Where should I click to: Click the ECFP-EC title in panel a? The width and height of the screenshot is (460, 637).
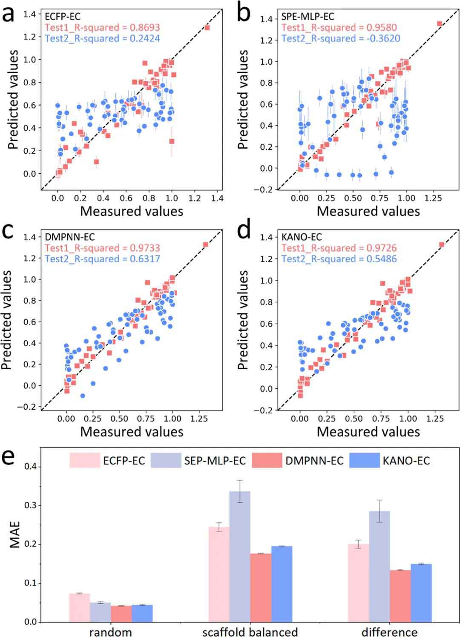tap(63, 17)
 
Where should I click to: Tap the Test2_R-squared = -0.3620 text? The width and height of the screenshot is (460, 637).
tap(341, 38)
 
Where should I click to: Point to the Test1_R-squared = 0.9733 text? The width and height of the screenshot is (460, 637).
tap(102, 248)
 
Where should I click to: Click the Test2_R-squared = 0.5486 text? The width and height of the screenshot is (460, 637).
tap(339, 259)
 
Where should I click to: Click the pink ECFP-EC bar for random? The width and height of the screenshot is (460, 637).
tap(80, 607)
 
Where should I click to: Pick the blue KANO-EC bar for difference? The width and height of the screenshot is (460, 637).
tap(421, 593)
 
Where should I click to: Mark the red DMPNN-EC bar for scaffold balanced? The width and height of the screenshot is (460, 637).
tap(261, 588)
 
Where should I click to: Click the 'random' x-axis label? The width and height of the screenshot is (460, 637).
tap(110, 631)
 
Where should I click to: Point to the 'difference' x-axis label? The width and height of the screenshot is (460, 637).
tap(389, 631)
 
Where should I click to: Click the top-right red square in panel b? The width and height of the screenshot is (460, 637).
tap(439, 23)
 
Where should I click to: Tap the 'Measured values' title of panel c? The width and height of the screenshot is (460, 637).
tap(132, 431)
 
